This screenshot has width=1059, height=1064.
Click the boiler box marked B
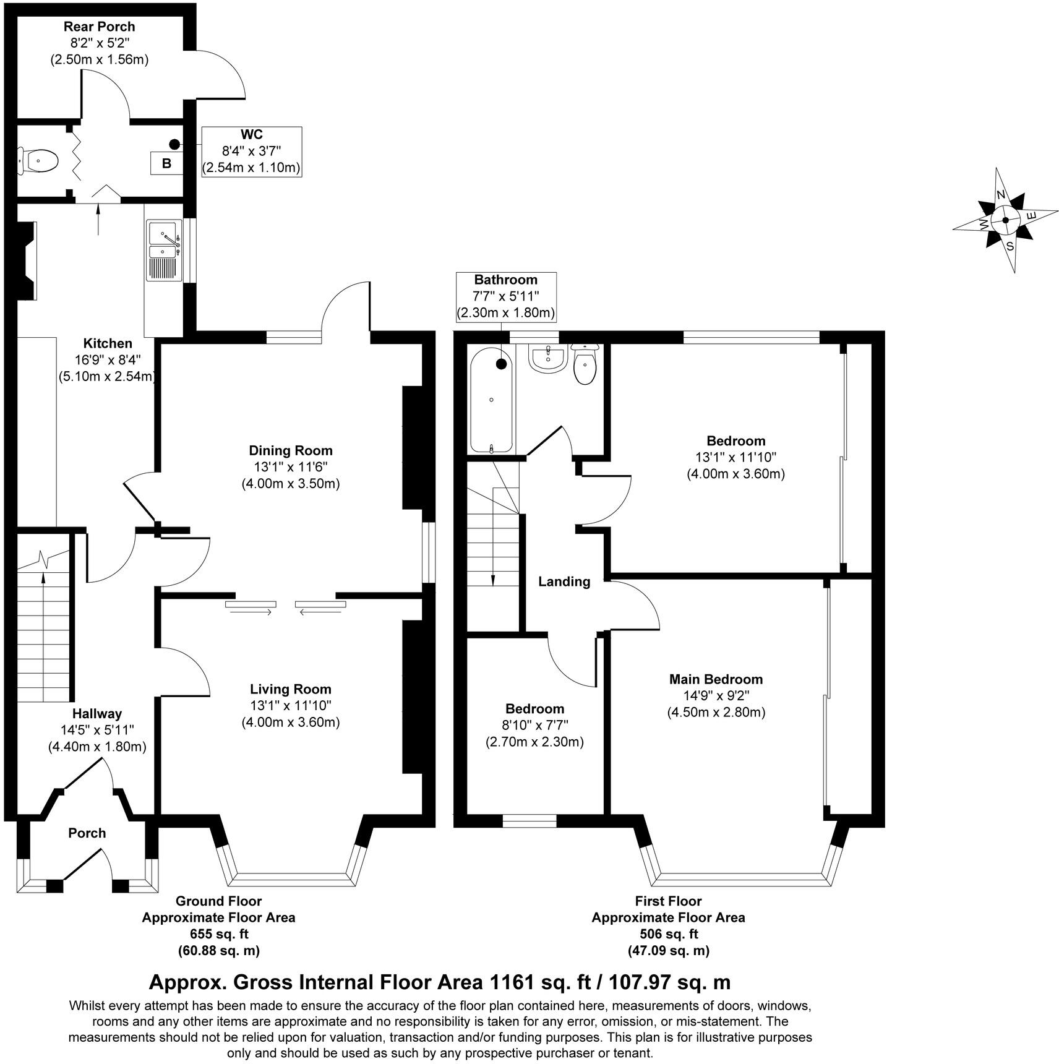click(166, 164)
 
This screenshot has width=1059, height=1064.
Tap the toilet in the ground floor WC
click(39, 161)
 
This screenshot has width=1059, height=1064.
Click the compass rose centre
click(1005, 220)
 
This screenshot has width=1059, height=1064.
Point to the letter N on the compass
click(1000, 195)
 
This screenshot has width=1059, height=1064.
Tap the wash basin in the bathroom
click(547, 359)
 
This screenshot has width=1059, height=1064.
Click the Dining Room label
click(291, 450)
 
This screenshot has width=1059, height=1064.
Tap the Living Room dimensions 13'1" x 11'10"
click(291, 705)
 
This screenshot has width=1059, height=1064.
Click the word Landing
click(564, 581)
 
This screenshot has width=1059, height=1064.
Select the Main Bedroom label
click(716, 679)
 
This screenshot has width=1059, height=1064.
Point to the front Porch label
click(87, 833)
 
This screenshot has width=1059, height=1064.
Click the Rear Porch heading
click(99, 27)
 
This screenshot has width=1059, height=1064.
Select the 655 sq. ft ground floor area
click(218, 934)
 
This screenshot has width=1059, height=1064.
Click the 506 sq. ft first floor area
click(668, 934)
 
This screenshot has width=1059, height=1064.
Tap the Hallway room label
click(97, 714)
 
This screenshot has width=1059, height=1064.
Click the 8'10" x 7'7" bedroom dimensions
click(534, 725)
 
